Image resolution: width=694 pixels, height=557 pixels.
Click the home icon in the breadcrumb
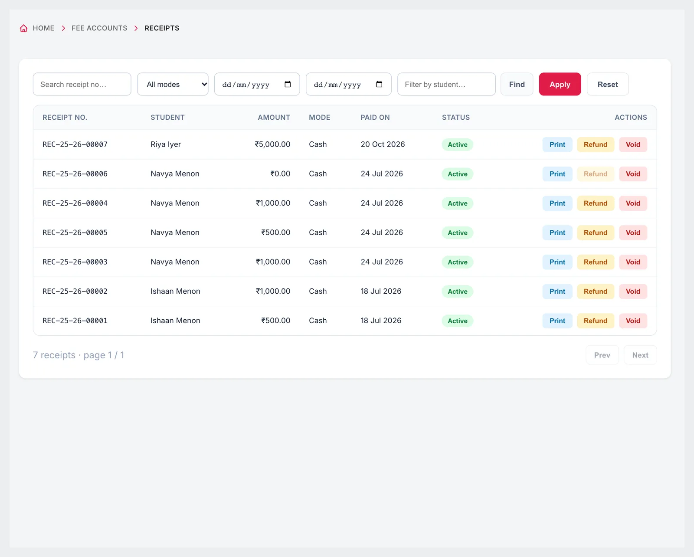coord(23,28)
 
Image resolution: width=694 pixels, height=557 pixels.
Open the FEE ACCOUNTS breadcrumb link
coord(99,28)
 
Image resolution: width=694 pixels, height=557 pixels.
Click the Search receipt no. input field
coord(82,84)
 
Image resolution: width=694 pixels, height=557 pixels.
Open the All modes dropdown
coord(173,84)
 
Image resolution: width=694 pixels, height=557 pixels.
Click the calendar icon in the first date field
coord(288,84)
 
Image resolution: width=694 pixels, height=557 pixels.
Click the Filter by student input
coord(446,84)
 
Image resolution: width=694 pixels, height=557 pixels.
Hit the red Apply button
coord(560,84)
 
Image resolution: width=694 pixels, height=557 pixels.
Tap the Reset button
coord(608,84)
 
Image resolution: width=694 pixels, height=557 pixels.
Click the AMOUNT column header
coord(274,118)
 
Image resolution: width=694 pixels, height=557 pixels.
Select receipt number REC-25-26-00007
coord(75,144)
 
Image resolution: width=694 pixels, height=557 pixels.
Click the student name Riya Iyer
coord(166,144)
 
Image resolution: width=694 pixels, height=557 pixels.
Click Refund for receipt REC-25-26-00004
coord(595,203)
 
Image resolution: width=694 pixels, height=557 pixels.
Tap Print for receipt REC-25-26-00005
coord(557,233)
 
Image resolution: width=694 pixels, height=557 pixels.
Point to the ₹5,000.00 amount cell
coord(272,144)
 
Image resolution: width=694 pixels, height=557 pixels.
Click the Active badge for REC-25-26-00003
coord(457,262)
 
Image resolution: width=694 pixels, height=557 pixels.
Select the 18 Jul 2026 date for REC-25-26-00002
coord(381,291)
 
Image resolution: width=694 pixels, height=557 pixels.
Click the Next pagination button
coord(640,355)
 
